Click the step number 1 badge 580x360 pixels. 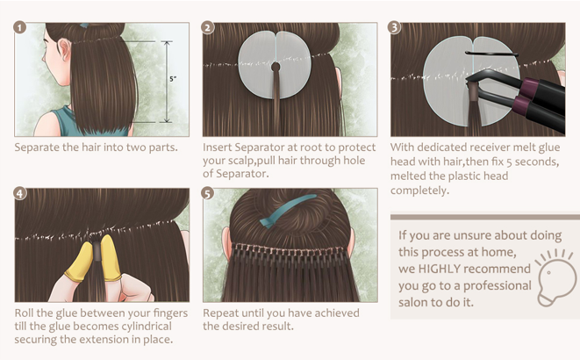click(x=20, y=27)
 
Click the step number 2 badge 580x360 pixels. click(x=208, y=27)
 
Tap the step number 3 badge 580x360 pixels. click(x=395, y=27)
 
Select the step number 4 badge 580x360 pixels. click(x=20, y=192)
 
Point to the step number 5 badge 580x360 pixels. click(x=208, y=192)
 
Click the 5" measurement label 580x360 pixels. click(x=173, y=79)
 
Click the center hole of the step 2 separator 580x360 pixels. click(x=276, y=67)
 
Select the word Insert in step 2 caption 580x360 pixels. click(x=220, y=147)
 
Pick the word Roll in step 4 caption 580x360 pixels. click(x=27, y=312)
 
